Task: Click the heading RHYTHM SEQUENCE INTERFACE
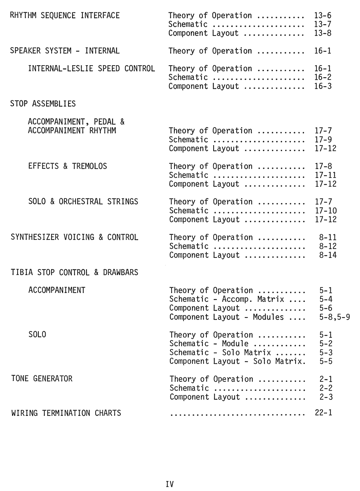tap(65, 16)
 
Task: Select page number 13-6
tap(323, 16)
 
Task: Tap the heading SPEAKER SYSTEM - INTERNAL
tap(65, 51)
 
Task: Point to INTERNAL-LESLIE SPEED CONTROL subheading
tap(91, 68)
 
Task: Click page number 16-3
tap(323, 86)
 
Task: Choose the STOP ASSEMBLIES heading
tap(43, 104)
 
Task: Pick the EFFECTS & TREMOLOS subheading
tap(68, 166)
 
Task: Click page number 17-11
tap(326, 175)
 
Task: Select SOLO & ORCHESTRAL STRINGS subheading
tap(83, 202)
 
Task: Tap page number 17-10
tap(326, 211)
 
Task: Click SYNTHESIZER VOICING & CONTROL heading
tap(74, 237)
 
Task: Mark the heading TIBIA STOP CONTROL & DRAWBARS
tap(74, 273)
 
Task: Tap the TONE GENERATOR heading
tap(42, 379)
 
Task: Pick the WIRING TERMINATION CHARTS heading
tap(66, 413)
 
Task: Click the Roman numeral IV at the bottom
tap(170, 484)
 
